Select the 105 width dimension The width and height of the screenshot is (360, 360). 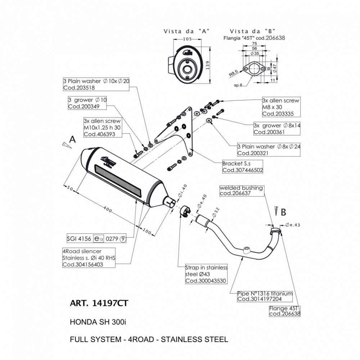click(186, 39)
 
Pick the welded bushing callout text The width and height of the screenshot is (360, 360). click(241, 188)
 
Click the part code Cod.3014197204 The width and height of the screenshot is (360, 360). click(260, 299)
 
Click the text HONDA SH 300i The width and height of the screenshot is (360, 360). click(98, 322)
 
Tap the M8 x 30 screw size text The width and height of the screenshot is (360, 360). click(274, 107)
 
